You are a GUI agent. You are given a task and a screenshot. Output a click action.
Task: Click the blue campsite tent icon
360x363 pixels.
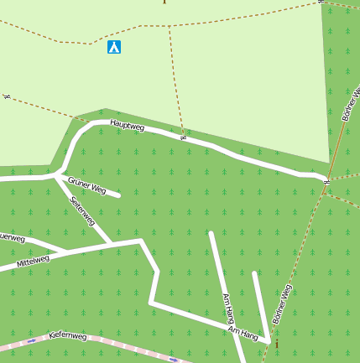[114, 47]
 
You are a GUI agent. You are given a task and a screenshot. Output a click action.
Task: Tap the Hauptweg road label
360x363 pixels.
[128, 126]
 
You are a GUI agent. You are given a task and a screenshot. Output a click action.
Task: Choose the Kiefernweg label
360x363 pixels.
[68, 335]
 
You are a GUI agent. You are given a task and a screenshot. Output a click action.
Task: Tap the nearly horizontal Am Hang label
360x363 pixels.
[243, 334]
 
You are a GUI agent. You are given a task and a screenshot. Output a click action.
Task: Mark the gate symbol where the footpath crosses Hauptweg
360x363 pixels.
[183, 137]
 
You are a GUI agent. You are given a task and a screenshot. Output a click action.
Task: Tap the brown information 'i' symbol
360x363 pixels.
[277, 344]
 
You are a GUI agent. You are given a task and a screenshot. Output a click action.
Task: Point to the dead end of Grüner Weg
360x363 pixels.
[118, 195]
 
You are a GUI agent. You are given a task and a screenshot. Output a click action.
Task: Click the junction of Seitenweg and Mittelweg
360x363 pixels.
[111, 245]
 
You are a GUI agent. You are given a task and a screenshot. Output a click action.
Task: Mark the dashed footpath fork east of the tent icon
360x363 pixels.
[169, 26]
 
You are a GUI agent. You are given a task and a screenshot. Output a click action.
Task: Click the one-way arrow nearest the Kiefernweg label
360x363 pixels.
[32, 341]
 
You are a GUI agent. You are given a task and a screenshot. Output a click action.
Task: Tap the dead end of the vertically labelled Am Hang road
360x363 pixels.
[211, 233]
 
